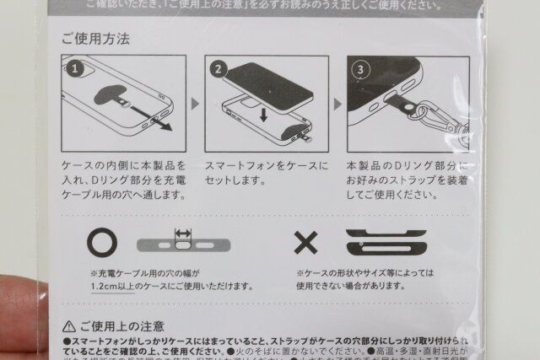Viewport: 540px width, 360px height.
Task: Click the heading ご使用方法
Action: (x=94, y=40)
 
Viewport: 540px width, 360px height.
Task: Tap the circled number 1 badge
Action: (x=74, y=67)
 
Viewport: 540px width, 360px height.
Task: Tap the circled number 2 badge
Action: (x=217, y=67)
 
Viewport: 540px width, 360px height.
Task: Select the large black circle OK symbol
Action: (x=102, y=244)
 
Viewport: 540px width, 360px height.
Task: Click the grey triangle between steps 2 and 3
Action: (x=337, y=105)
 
